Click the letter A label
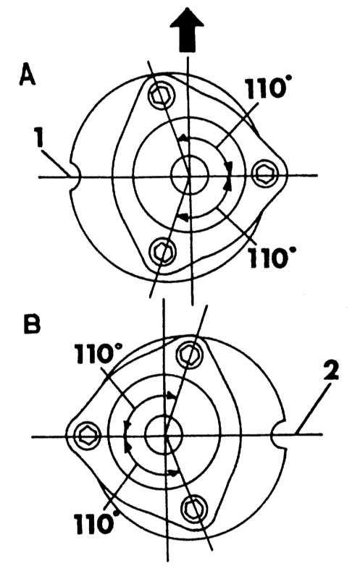pyautogui.click(x=28, y=74)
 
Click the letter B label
pyautogui.click(x=32, y=324)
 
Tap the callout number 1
pyautogui.click(x=39, y=138)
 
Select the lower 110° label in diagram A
pyautogui.click(x=268, y=257)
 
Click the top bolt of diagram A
pyautogui.click(x=161, y=95)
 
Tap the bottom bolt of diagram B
pyautogui.click(x=193, y=511)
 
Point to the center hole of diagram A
pyautogui.click(x=190, y=175)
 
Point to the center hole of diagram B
pyautogui.click(x=164, y=434)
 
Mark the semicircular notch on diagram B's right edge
pyautogui.click(x=278, y=435)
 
